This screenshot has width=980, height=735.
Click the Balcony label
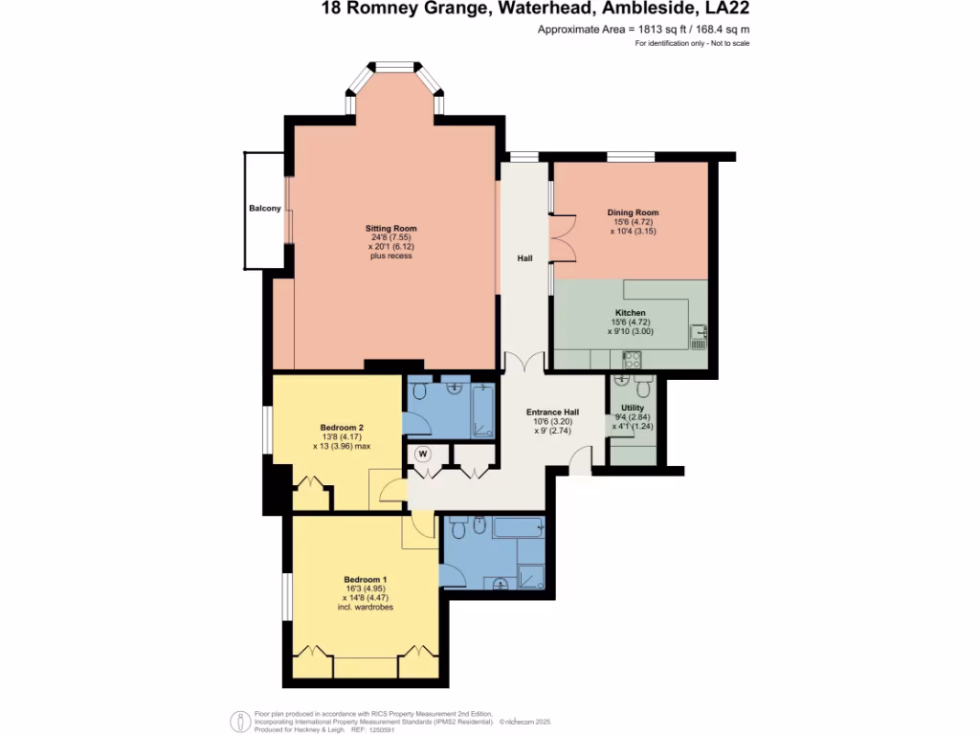(x=264, y=209)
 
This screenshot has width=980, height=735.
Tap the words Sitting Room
(x=391, y=229)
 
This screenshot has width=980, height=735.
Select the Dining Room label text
(x=633, y=212)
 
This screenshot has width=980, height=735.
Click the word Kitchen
(x=630, y=313)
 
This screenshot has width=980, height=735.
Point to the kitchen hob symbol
(x=632, y=360)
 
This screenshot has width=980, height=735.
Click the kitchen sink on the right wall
(x=700, y=333)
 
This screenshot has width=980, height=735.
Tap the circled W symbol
(x=422, y=454)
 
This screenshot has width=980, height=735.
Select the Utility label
(x=633, y=407)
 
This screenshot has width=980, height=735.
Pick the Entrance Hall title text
(x=551, y=412)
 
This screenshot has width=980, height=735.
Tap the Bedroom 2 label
(x=342, y=427)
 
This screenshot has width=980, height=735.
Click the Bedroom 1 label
(x=365, y=579)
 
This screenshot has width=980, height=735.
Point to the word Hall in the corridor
(x=524, y=257)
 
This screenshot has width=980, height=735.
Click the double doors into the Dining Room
(x=562, y=238)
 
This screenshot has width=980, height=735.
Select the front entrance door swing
(x=580, y=464)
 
